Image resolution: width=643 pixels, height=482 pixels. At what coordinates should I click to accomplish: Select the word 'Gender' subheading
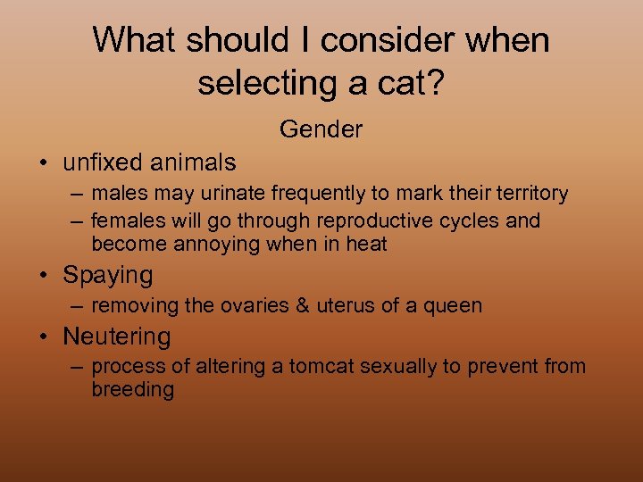tap(321, 129)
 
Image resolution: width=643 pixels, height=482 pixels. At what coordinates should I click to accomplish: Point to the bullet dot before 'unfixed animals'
tap(43, 163)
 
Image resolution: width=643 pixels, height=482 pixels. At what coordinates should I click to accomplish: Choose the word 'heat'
tap(367, 244)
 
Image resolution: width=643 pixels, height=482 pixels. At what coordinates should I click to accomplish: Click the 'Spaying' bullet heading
tap(107, 275)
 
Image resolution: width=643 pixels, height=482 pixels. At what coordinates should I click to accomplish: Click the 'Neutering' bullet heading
tap(116, 337)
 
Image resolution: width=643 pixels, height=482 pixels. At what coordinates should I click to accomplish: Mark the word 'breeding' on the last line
tap(132, 390)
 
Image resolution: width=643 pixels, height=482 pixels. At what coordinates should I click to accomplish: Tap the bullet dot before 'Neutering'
tap(43, 337)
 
